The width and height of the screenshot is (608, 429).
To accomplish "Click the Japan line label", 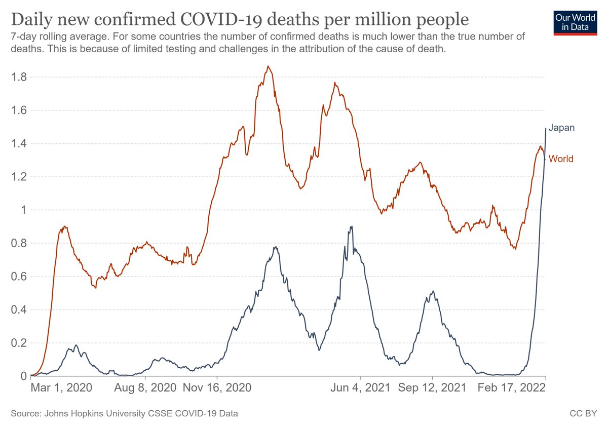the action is pos(561,128).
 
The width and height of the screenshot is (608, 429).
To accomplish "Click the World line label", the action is pos(561,159).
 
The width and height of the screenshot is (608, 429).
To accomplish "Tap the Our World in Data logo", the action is pos(575,23).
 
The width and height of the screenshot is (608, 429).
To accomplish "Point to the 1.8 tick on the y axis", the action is pos(19,77).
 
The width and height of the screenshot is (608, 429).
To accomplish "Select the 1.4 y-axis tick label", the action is pos(19,143).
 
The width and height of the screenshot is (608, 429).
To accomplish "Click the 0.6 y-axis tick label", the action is pos(19,277).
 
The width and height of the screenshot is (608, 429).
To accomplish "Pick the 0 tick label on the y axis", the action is pos(24,376).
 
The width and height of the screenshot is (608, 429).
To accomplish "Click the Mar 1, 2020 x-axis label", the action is pos(61,388).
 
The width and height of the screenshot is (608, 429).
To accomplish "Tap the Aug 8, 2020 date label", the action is pos(145,388).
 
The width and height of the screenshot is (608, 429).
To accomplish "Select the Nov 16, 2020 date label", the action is pos(217,388).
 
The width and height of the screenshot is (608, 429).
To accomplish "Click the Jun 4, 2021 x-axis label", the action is pos(360,388).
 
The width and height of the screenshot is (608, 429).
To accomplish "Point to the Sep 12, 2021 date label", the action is pos(432,388).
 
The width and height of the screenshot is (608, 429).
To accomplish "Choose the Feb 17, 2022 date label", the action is pos(512,388).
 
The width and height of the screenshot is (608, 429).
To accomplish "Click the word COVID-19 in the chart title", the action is pos(221,20).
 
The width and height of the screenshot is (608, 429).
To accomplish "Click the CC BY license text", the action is pos(583,413).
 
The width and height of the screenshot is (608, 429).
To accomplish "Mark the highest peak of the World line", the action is pos(268,66).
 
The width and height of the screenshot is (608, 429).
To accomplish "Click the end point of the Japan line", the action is pos(546,128).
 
